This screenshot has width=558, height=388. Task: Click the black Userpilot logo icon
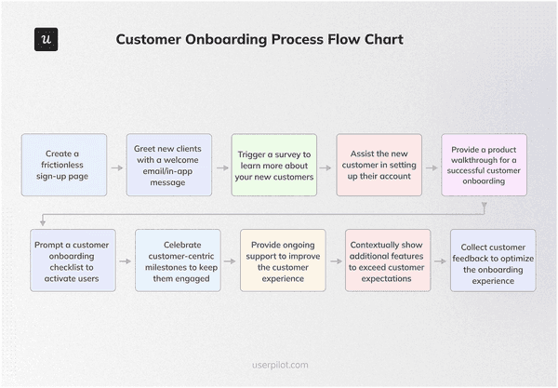(x=46, y=40)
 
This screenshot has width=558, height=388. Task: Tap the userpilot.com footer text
(x=279, y=366)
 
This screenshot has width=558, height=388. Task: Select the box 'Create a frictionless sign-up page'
(x=64, y=165)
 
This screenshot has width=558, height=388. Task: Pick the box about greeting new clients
(x=169, y=165)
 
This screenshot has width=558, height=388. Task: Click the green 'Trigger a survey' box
(x=274, y=165)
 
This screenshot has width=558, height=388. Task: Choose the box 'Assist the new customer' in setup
(x=379, y=165)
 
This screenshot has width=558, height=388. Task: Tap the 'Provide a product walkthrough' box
(x=484, y=165)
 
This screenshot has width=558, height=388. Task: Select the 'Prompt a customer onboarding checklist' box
(x=73, y=260)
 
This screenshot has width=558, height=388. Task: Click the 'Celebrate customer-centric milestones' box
(x=179, y=260)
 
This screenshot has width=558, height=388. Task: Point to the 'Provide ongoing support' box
(x=284, y=260)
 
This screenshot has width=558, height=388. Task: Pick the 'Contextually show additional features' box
(x=388, y=260)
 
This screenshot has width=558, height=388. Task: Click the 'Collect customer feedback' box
(x=493, y=260)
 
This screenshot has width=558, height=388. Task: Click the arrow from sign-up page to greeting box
(x=116, y=168)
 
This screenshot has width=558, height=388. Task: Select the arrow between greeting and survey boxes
(x=221, y=168)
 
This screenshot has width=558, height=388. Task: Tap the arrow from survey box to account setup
(x=326, y=168)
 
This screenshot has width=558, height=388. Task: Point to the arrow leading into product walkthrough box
(x=432, y=168)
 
